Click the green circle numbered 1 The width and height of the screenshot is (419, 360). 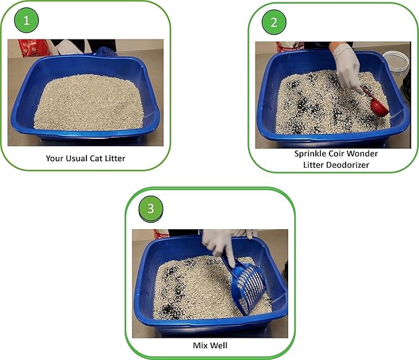click(x=27, y=21)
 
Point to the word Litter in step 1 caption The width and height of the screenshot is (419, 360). click(x=113, y=159)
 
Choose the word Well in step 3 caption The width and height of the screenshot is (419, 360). click(x=217, y=345)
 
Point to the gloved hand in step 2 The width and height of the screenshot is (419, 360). click(x=347, y=65)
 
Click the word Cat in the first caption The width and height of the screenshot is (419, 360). click(x=96, y=159)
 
